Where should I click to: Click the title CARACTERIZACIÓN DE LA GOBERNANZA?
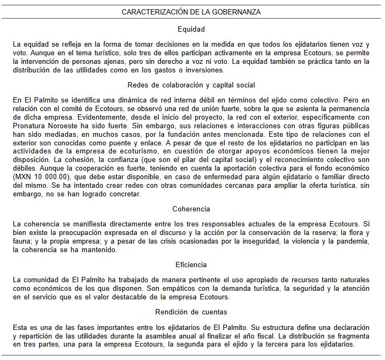(x=191, y=11)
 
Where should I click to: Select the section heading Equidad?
(x=191, y=29)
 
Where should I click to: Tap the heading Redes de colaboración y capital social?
(x=191, y=85)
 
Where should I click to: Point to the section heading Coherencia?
(x=191, y=209)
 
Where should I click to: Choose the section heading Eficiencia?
(x=191, y=265)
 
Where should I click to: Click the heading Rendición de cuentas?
(x=191, y=312)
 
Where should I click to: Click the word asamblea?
(x=178, y=336)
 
